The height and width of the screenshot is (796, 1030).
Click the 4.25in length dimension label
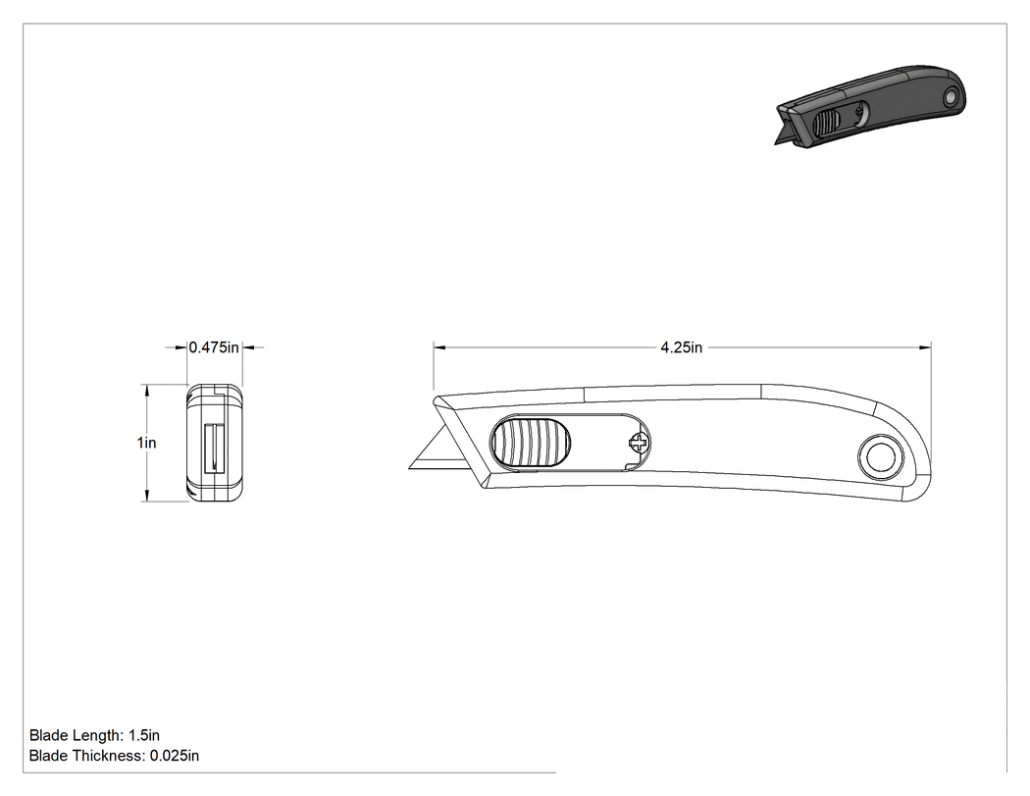point(681,347)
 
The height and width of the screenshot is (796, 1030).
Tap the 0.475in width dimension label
point(214,347)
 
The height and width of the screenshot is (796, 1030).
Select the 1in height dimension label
point(146,443)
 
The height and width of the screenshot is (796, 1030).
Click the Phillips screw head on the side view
point(639,443)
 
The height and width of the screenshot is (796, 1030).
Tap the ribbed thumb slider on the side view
point(531,443)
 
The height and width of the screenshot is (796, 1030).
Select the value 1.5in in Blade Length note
point(144,735)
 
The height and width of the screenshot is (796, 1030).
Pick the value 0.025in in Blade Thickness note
point(174,756)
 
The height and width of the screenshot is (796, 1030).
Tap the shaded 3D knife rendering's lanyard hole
point(950,98)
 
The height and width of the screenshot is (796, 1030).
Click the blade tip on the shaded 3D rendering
point(778,142)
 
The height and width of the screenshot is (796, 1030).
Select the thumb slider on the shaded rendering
point(826,123)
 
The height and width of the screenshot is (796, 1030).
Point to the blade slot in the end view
point(214,448)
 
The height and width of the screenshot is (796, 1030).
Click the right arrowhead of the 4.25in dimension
point(926,347)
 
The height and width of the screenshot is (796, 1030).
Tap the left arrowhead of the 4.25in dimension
point(439,347)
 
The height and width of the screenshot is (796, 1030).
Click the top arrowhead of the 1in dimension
point(147,391)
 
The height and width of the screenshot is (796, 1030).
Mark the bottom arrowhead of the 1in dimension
point(147,496)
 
